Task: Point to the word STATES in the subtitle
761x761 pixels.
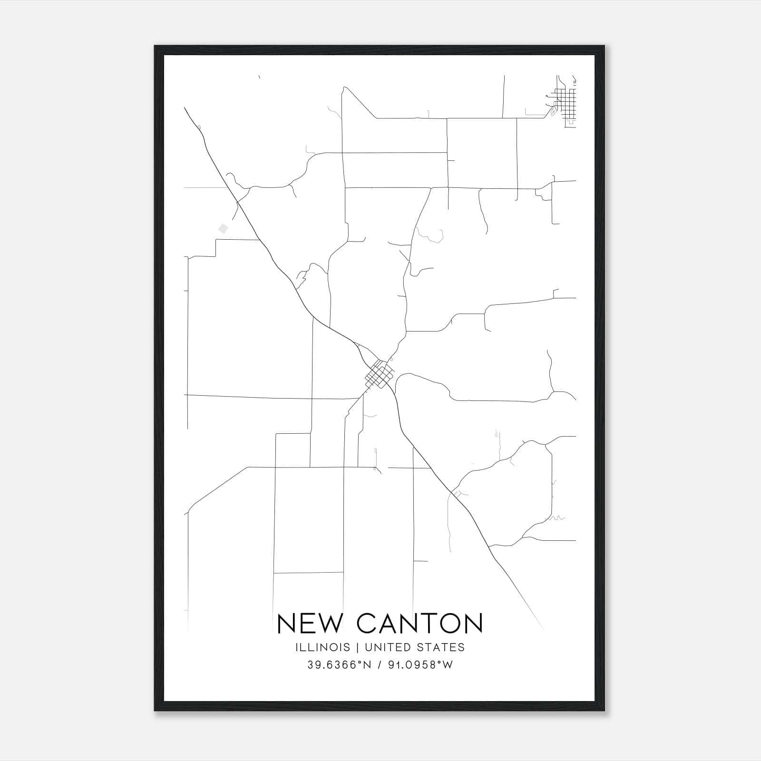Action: [444, 647]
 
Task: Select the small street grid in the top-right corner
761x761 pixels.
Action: [566, 102]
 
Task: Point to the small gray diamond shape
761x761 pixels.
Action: [223, 229]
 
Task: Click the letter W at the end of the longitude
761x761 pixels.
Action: [448, 665]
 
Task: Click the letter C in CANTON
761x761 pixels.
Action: [367, 623]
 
